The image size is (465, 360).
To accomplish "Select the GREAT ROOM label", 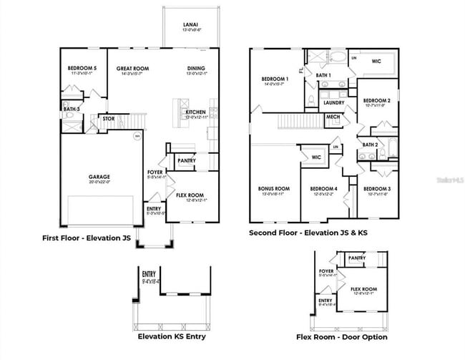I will [132, 69].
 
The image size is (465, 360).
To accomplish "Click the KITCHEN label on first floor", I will [196, 112].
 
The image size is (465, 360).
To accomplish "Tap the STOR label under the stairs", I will [108, 119].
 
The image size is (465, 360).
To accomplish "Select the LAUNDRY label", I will [334, 102].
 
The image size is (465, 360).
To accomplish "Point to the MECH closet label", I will [333, 117].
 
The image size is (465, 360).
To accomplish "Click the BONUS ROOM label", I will [273, 189].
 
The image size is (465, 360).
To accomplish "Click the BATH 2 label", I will [370, 145].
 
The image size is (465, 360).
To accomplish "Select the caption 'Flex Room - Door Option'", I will [342, 336].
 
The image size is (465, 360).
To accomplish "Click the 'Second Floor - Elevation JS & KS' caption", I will [308, 233].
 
